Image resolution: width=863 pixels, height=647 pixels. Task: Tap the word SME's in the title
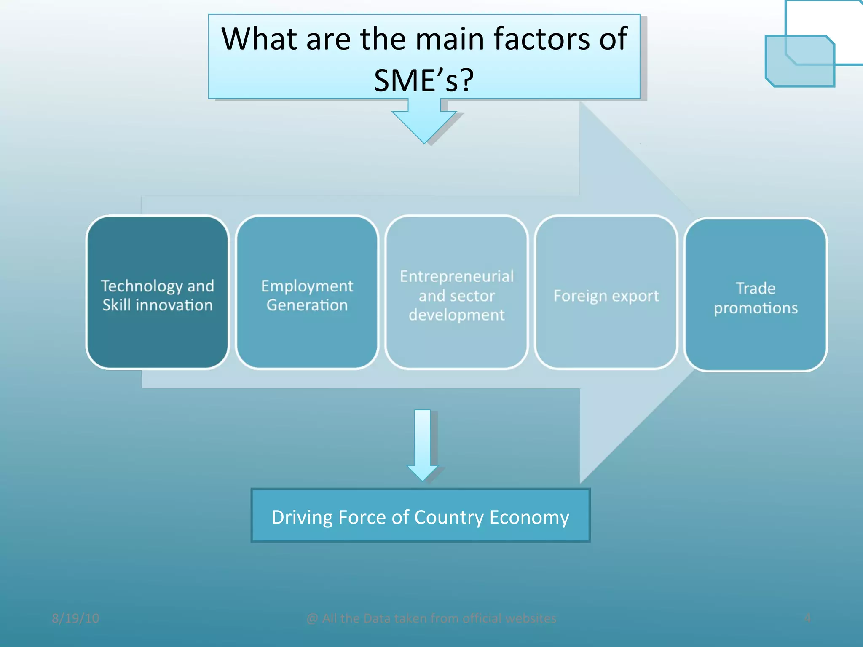(423, 80)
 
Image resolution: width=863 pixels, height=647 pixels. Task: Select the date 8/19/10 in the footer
(75, 618)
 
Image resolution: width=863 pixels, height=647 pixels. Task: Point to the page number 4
(807, 618)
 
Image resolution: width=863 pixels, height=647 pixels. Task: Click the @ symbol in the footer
(312, 618)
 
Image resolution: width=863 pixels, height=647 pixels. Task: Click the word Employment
(307, 286)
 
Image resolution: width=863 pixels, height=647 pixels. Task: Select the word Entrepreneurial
(457, 276)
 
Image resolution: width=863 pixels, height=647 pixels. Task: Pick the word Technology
(141, 286)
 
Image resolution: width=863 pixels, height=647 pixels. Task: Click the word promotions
(756, 308)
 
